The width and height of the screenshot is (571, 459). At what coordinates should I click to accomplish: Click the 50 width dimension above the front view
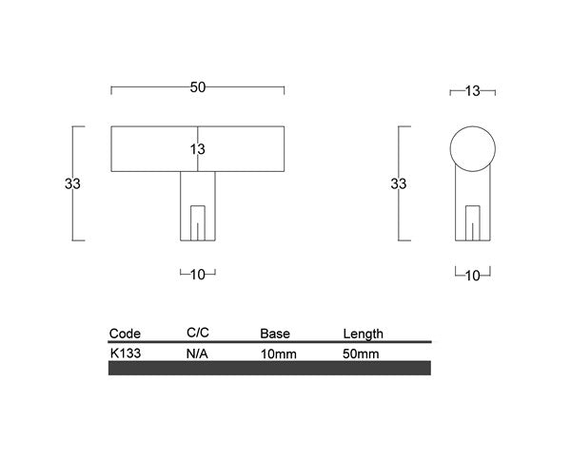[x=198, y=87]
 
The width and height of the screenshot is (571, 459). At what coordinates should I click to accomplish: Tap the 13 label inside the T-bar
[x=198, y=149]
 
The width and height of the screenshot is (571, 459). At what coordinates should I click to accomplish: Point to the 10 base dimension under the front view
[x=198, y=275]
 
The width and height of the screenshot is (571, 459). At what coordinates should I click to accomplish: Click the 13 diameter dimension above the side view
[x=472, y=91]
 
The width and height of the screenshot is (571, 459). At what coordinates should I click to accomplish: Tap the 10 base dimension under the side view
[x=472, y=276]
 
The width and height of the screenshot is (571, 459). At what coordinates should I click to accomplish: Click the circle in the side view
[x=472, y=148]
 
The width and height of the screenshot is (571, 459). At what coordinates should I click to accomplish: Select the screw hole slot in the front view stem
[x=198, y=221]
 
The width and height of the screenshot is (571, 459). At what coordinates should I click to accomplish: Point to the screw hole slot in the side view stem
[x=472, y=222]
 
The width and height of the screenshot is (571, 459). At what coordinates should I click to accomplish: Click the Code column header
[x=126, y=334]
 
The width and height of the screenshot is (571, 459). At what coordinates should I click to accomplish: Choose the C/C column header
[x=198, y=333]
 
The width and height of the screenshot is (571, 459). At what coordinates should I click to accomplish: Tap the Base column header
[x=275, y=334]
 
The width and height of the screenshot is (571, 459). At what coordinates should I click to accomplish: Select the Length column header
[x=363, y=334]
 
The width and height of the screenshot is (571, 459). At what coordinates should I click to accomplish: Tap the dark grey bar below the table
[x=269, y=368]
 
